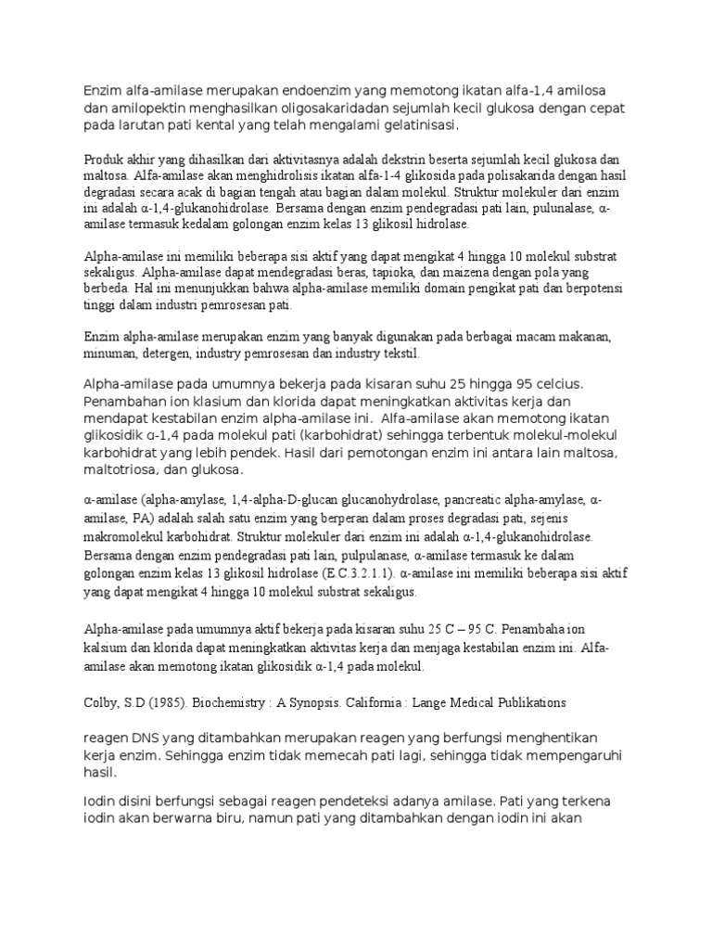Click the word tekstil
pyautogui.click(x=401, y=354)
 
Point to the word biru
pyautogui.click(x=243, y=818)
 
